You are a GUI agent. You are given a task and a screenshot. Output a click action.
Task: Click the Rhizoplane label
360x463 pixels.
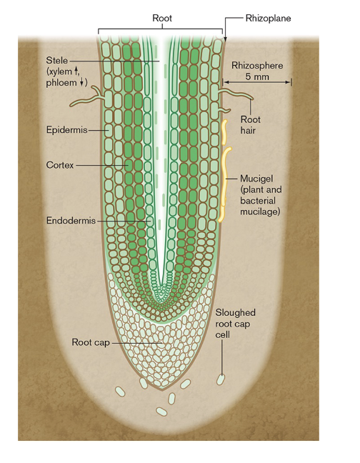click(x=268, y=19)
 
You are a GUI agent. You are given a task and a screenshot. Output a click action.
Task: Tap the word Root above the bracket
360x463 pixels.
click(x=162, y=18)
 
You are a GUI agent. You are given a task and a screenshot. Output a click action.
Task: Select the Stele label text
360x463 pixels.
click(x=56, y=61)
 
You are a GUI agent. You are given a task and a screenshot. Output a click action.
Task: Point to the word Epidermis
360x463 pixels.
click(x=66, y=130)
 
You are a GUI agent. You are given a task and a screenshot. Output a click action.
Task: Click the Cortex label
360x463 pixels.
click(x=59, y=165)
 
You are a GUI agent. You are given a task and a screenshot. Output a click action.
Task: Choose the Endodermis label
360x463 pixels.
click(x=71, y=220)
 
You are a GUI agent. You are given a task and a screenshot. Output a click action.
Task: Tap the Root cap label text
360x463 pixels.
click(x=91, y=342)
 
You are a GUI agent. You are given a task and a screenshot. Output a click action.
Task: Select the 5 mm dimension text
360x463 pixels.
click(x=257, y=76)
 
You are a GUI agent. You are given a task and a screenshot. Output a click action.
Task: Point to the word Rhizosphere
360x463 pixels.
click(x=257, y=66)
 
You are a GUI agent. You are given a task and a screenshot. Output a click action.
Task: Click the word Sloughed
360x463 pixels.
click(x=235, y=312)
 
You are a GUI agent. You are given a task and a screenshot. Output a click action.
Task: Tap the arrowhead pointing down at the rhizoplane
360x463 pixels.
click(x=226, y=39)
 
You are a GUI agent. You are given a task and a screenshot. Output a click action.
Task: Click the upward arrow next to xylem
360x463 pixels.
click(x=76, y=71)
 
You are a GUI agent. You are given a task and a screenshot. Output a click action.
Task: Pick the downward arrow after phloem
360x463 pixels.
click(x=81, y=82)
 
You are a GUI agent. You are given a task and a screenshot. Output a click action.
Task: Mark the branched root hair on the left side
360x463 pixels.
click(x=87, y=97)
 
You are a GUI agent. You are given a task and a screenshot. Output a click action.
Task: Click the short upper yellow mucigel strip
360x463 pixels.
click(x=224, y=132)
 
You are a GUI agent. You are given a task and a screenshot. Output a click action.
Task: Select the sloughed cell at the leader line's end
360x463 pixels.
click(x=221, y=379)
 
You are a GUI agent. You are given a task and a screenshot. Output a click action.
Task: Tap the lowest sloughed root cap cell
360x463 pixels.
click(x=161, y=412)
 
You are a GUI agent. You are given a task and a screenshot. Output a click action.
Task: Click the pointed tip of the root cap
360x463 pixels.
click(x=162, y=389)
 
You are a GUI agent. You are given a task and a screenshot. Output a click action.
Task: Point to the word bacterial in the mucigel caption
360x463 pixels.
click(x=258, y=201)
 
